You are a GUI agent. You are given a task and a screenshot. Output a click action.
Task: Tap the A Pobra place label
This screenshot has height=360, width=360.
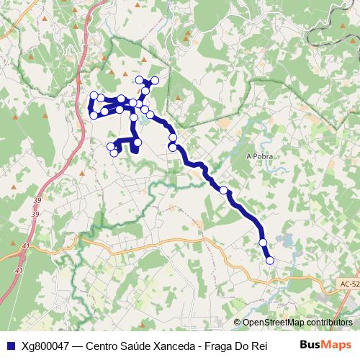[x=258, y=156]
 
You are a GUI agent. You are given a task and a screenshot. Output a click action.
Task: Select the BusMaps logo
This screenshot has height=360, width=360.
[x=325, y=345]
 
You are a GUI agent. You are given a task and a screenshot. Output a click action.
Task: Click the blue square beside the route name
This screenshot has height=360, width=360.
[x=9, y=346]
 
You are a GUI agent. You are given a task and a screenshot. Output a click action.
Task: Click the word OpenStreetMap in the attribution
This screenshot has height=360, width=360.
[x=276, y=323]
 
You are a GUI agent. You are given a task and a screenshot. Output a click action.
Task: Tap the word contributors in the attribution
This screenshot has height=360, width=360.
[x=330, y=323]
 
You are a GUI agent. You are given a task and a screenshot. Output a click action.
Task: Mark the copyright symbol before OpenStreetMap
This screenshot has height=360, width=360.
[x=238, y=323]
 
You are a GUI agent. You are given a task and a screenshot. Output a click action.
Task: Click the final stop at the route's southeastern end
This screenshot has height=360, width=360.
[x=270, y=261]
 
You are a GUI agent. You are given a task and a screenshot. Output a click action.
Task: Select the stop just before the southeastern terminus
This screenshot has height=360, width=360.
[x=263, y=243]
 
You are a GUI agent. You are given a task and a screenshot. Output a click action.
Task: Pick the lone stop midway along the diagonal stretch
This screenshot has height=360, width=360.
[x=224, y=190]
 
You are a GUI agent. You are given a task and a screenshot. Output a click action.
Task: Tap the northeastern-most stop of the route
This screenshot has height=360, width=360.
[x=155, y=80]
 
